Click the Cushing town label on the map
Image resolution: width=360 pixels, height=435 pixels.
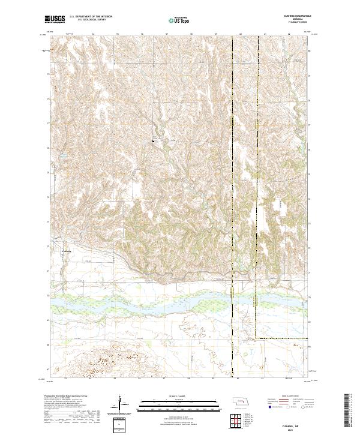[x=67, y=251]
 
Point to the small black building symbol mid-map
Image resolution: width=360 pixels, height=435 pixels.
[x=153, y=142]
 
